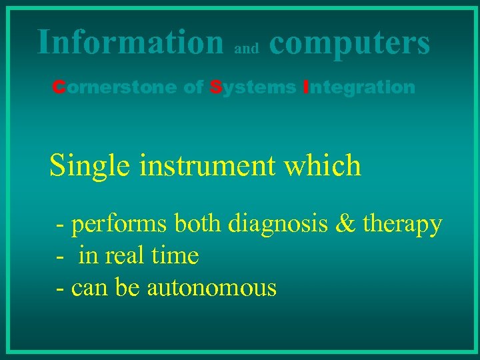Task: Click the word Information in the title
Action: click(131, 41)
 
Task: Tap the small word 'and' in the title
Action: click(247, 49)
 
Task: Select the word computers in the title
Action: click(349, 43)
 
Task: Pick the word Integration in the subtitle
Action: click(359, 87)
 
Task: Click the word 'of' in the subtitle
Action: click(193, 87)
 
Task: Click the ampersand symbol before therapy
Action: click(346, 224)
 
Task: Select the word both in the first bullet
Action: click(198, 224)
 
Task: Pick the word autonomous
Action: click(211, 288)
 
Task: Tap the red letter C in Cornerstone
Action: click(59, 87)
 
